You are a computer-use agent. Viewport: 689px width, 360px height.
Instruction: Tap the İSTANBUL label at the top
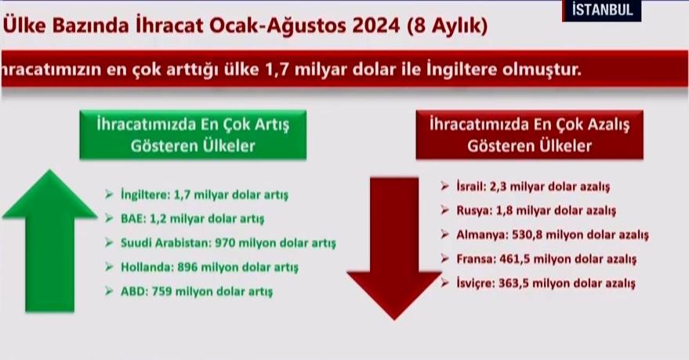601,10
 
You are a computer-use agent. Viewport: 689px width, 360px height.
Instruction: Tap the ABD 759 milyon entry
198,292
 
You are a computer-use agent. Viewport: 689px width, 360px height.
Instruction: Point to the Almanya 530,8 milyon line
552,235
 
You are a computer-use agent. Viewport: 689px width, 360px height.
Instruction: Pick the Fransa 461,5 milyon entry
546,259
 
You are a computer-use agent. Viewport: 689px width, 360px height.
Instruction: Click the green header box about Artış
192,135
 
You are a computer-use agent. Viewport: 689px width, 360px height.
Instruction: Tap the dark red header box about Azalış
529,134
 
